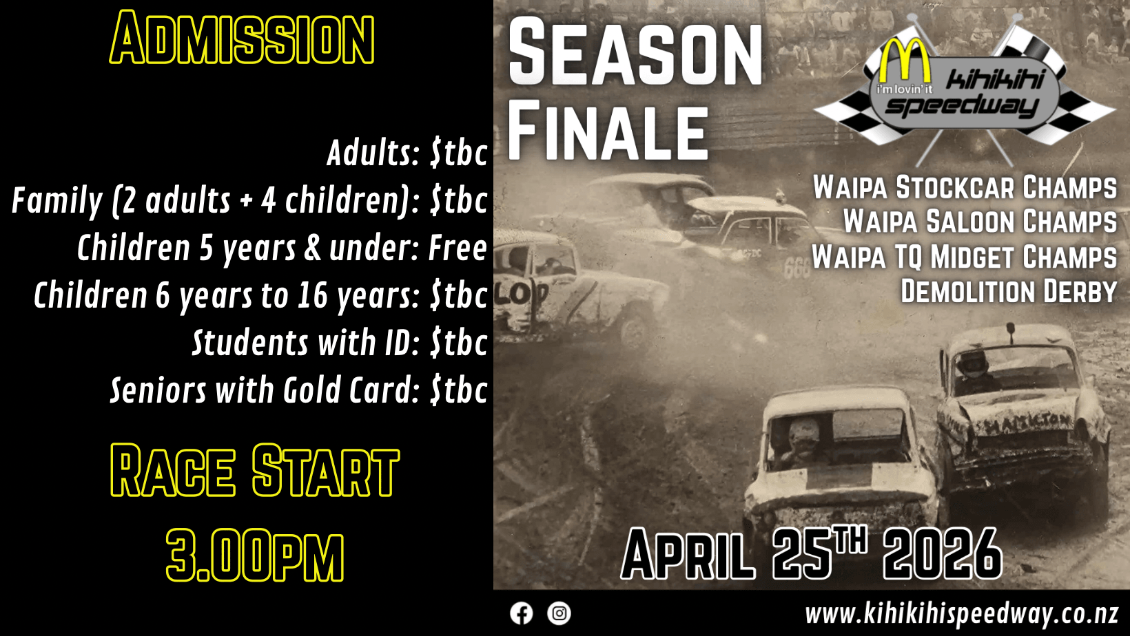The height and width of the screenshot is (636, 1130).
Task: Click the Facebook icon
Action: coord(521,613)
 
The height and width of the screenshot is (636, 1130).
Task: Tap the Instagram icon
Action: coord(559,613)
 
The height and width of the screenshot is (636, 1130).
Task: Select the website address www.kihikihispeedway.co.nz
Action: coord(961,615)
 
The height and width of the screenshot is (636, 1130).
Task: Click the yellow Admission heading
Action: coord(242,38)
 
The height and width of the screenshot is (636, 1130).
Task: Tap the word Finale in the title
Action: coord(608,131)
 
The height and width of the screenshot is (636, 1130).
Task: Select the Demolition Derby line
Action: coord(1009,291)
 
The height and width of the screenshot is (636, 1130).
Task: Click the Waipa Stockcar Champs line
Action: coord(965,187)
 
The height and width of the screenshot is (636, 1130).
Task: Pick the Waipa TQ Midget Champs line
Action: coord(964,257)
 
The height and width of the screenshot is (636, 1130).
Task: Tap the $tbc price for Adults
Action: coord(459,153)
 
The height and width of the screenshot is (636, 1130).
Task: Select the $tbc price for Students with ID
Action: coord(459,343)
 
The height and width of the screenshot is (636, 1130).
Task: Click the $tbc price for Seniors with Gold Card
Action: coord(459,390)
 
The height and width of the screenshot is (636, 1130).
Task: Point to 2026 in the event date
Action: coord(943,554)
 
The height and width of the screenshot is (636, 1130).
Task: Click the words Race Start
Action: coord(255,470)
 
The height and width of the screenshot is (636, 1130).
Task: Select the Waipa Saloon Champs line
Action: coord(980,222)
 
